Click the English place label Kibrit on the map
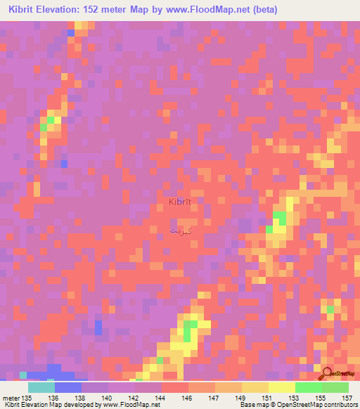[180, 202]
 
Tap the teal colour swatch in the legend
[41, 387]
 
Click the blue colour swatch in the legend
[68, 387]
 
